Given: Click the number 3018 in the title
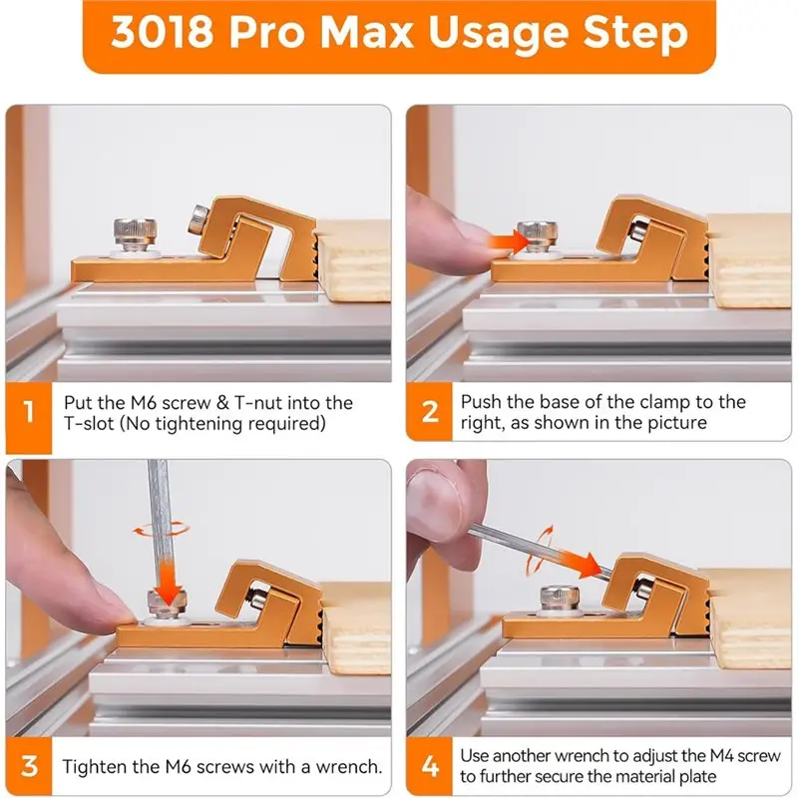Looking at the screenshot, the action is pyautogui.click(x=162, y=32).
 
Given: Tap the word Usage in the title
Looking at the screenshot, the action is pyautogui.click(x=498, y=35).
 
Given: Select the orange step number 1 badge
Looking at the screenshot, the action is pyautogui.click(x=29, y=411).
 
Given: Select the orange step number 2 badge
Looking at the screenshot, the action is pyautogui.click(x=430, y=411).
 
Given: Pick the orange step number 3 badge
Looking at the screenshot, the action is pyautogui.click(x=29, y=765).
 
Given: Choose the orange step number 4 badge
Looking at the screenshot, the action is pyautogui.click(x=430, y=765).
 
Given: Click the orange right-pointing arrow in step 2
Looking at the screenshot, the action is pyautogui.click(x=510, y=240).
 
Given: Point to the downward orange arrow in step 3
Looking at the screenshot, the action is pyautogui.click(x=166, y=582).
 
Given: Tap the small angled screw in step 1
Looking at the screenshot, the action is pyautogui.click(x=198, y=219).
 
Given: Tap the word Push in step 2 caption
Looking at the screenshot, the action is pyautogui.click(x=482, y=402).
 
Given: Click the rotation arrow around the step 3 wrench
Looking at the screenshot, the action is pyautogui.click(x=161, y=530).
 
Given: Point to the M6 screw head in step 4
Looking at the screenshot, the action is pyautogui.click(x=559, y=598).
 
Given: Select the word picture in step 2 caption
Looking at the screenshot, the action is pyautogui.click(x=677, y=423).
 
